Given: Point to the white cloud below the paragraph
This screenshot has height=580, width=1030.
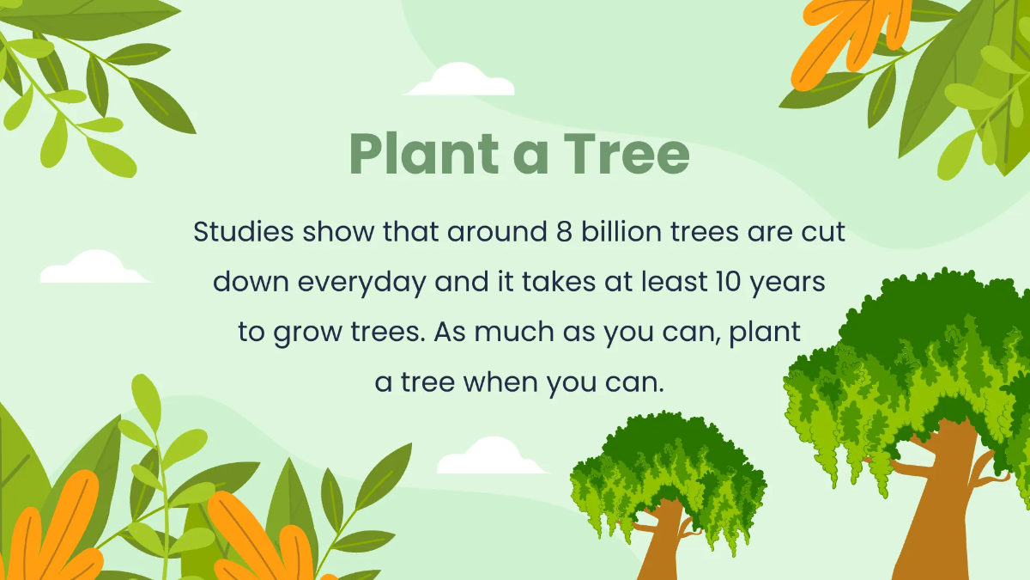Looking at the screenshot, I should point(489,458).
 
